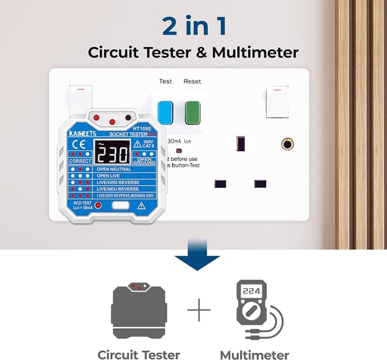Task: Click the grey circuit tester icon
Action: click(x=139, y=312)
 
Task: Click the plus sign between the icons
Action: click(x=199, y=312)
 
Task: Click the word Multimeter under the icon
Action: click(x=255, y=355)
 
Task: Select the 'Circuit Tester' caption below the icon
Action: click(x=139, y=355)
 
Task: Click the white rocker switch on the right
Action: click(x=277, y=102)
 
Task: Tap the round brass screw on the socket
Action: click(x=287, y=144)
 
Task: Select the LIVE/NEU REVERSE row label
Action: click(x=118, y=189)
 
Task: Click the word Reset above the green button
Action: click(x=192, y=81)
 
